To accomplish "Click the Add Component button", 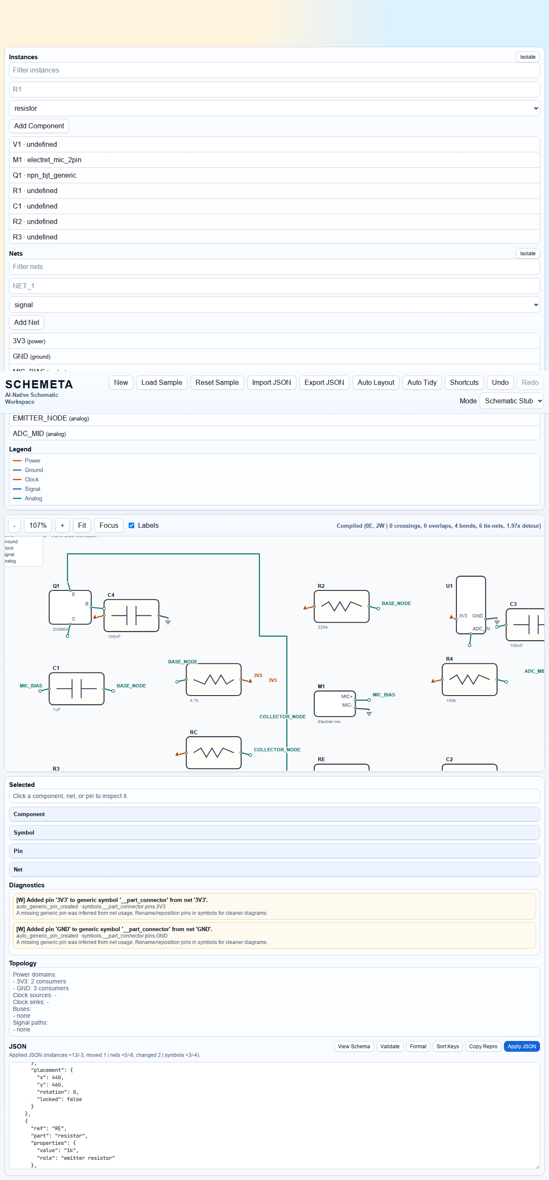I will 39,126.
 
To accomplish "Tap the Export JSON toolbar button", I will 324,382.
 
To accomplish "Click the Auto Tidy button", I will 421,382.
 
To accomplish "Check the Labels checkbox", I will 131,525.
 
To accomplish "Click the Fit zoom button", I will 81,525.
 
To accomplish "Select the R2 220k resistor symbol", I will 341,606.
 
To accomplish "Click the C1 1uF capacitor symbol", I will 76,689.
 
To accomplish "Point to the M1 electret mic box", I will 334,704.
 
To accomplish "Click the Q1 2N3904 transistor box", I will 70,608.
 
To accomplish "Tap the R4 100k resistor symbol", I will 469,679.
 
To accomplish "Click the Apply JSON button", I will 521,1046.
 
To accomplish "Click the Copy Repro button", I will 483,1046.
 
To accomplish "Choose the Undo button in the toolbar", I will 500,382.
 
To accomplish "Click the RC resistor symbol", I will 213,753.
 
